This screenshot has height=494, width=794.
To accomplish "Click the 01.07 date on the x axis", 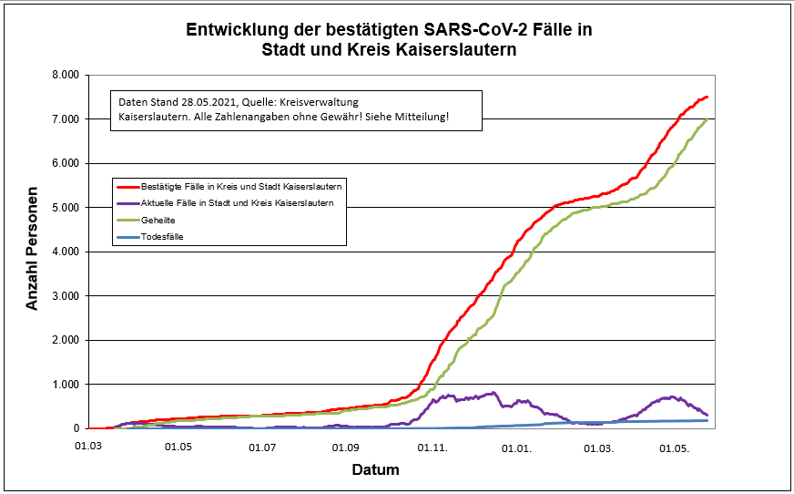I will (262, 448).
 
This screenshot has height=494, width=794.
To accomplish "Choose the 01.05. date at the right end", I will (675, 448).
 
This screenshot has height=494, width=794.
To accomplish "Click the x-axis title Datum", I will (375, 470).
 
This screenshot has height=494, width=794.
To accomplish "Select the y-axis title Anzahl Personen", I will (33, 251).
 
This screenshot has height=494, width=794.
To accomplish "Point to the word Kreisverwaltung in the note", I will (322, 102).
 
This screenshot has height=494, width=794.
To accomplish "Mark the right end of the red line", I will (707, 97).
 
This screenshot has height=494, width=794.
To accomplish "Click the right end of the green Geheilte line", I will (707, 119).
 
